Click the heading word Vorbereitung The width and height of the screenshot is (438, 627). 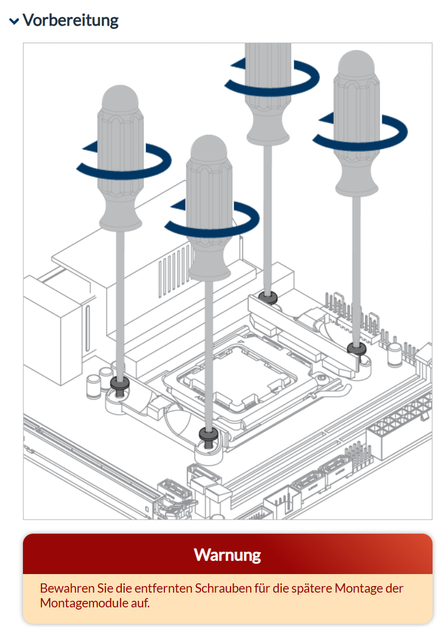click(x=70, y=20)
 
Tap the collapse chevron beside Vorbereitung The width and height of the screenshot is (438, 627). click(x=14, y=21)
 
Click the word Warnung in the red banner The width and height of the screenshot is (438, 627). click(x=227, y=555)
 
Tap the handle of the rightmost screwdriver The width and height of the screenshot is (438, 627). click(x=356, y=123)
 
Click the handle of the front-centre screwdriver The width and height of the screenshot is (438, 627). click(x=209, y=208)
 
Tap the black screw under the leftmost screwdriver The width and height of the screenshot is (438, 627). click(x=120, y=384)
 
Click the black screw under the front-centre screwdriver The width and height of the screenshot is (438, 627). click(x=209, y=435)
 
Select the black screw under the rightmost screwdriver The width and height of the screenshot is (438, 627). click(x=357, y=349)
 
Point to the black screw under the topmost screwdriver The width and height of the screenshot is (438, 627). click(x=268, y=297)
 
